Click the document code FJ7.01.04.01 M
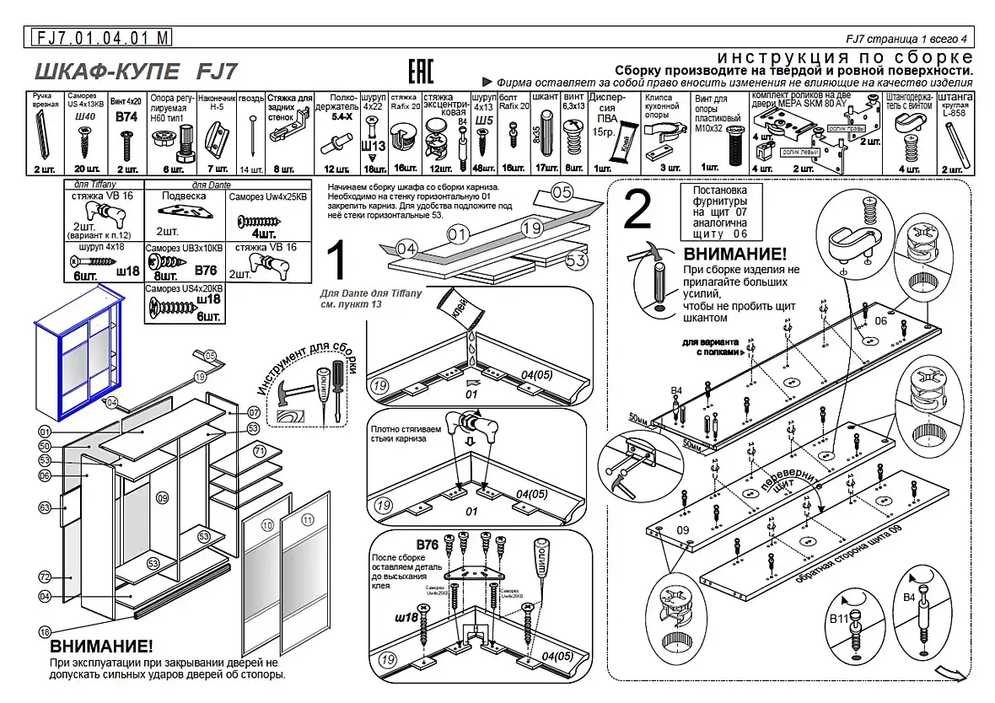pos(101,38)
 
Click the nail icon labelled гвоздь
pos(251,135)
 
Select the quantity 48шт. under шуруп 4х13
pos(483,169)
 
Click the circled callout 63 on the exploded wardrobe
pos(46,507)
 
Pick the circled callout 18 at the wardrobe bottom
pos(45,631)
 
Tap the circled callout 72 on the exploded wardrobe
pos(46,577)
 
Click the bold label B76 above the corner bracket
pos(428,545)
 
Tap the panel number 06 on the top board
pos(881,320)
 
